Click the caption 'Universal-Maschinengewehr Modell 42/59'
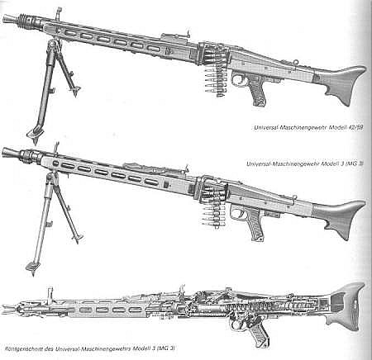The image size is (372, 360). tap(308, 128)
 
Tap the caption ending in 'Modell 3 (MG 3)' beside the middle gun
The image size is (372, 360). tap(305, 163)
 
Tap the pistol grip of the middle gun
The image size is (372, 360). tap(255, 225)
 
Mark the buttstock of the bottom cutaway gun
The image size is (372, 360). tap(346, 306)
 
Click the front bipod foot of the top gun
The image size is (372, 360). tap(35, 135)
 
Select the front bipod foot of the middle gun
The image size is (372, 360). tap(33, 267)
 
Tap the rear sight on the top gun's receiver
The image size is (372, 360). tap(188, 35)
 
